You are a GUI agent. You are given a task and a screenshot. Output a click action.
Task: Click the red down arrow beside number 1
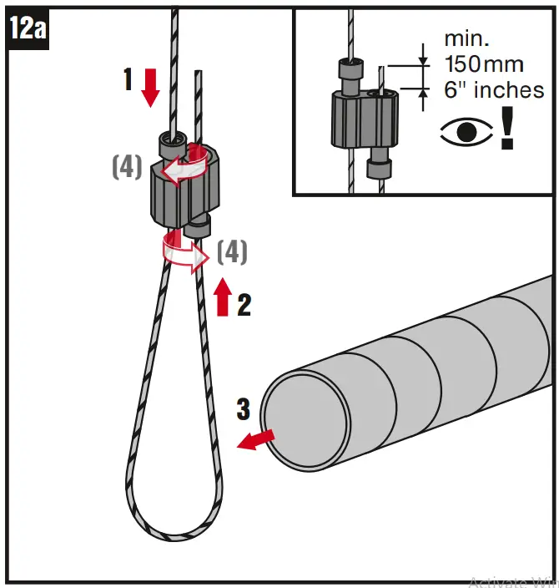pyautogui.click(x=150, y=87)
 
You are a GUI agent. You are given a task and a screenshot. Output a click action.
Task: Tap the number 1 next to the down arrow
pyautogui.click(x=128, y=81)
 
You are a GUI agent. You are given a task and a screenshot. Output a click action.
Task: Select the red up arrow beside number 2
pyautogui.click(x=223, y=297)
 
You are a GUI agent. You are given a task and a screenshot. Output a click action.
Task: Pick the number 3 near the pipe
pyautogui.click(x=243, y=409)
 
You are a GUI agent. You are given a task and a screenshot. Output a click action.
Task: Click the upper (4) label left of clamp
pyautogui.click(x=126, y=167)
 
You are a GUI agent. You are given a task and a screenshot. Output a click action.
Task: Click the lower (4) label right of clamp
pyautogui.click(x=231, y=251)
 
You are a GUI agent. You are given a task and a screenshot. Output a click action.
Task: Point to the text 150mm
pyautogui.click(x=484, y=65)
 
